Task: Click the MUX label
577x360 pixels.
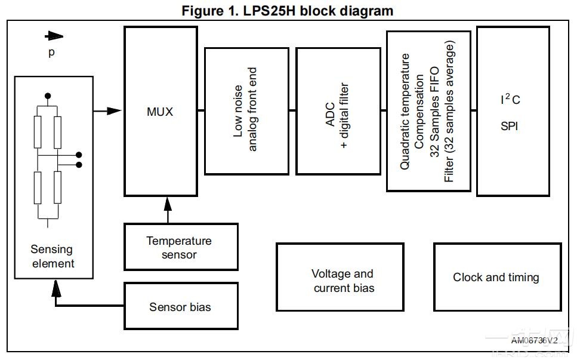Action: click(159, 112)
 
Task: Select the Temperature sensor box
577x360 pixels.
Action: click(181, 247)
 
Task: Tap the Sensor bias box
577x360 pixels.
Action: click(181, 307)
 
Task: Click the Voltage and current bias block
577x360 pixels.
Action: click(343, 277)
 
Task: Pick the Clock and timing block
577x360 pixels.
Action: click(497, 277)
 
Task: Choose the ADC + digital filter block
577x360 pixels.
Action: click(338, 111)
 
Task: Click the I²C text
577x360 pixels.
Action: click(510, 99)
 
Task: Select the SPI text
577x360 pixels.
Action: click(509, 127)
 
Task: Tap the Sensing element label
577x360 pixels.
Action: click(52, 256)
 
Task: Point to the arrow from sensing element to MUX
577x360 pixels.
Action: click(107, 110)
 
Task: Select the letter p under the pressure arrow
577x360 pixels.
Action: click(51, 53)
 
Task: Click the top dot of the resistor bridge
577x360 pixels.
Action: click(48, 96)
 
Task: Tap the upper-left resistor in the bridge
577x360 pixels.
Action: click(38, 132)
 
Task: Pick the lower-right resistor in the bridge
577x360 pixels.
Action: click(58, 187)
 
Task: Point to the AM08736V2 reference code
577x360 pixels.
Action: click(534, 340)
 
